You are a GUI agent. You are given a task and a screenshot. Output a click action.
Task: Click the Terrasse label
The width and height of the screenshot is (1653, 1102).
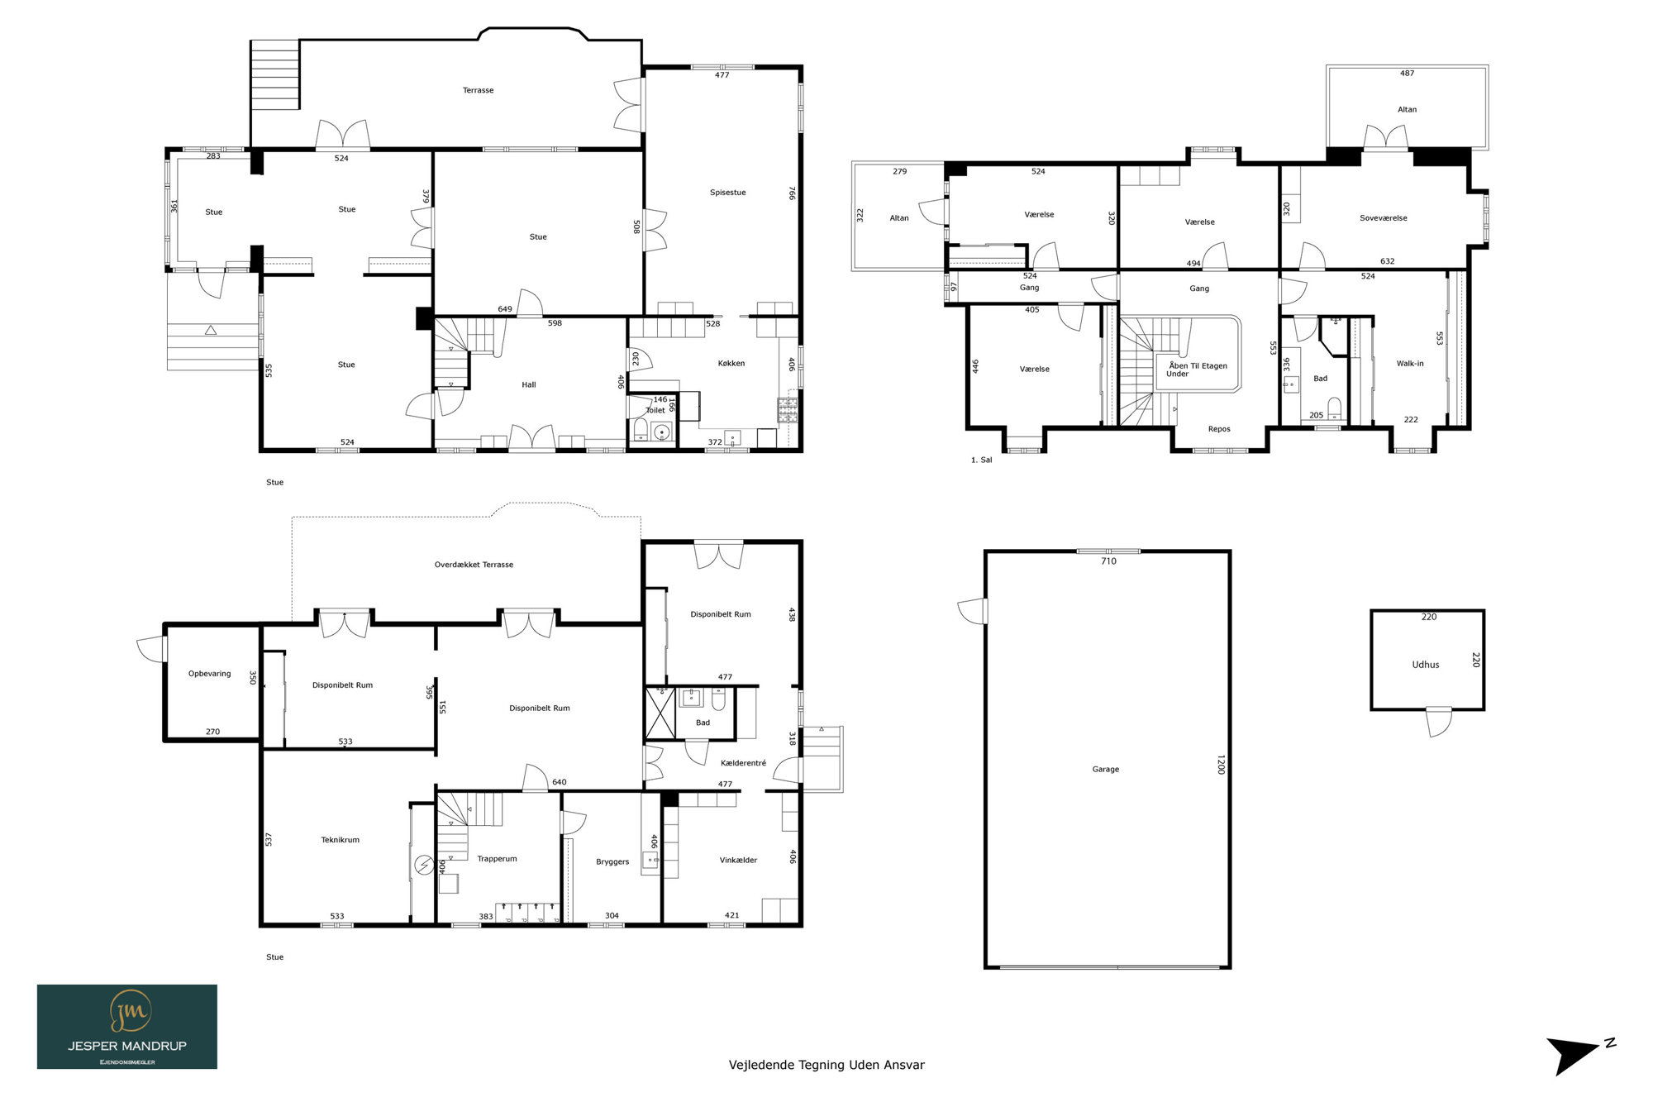[x=478, y=90]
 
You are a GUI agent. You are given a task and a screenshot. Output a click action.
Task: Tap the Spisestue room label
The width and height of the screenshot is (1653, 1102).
[x=727, y=193]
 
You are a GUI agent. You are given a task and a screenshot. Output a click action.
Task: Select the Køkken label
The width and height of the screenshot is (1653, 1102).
[x=731, y=363]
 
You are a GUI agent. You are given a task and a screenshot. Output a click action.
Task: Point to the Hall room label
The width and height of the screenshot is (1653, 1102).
[x=529, y=384]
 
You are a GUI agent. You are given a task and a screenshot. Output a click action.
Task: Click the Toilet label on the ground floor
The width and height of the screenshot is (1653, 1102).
[x=655, y=410]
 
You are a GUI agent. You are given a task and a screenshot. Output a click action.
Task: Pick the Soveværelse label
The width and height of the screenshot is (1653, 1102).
[x=1384, y=218]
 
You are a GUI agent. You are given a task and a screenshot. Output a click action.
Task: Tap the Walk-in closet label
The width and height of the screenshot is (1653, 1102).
[x=1410, y=364]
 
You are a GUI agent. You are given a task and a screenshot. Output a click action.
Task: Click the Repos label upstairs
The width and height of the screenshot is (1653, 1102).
[x=1219, y=429]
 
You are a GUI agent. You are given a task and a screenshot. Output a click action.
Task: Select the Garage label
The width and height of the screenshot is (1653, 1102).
[x=1106, y=770]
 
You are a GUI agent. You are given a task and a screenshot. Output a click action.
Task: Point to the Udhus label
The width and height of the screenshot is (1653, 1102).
[x=1426, y=665]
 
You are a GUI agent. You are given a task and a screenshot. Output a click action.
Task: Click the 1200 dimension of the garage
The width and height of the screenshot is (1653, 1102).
[x=1221, y=765]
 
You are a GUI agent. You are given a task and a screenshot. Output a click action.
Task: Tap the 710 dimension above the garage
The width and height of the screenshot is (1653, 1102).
[x=1108, y=561]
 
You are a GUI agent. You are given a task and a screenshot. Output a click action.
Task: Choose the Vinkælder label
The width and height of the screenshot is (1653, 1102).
[x=738, y=861]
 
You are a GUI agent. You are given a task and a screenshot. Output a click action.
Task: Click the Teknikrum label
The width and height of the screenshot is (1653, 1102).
[x=341, y=840]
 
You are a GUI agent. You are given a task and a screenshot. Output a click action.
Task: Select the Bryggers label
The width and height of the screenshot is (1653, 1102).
[x=612, y=862]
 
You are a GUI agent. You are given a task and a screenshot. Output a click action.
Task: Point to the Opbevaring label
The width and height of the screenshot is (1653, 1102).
[x=210, y=674]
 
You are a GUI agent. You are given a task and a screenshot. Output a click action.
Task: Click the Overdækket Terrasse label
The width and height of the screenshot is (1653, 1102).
[x=474, y=565]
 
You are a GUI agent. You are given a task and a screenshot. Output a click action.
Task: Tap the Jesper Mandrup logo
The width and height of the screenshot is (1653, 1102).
[x=127, y=1027]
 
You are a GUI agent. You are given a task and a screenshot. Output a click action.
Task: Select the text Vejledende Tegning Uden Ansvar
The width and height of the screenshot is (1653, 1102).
[x=826, y=1065]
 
